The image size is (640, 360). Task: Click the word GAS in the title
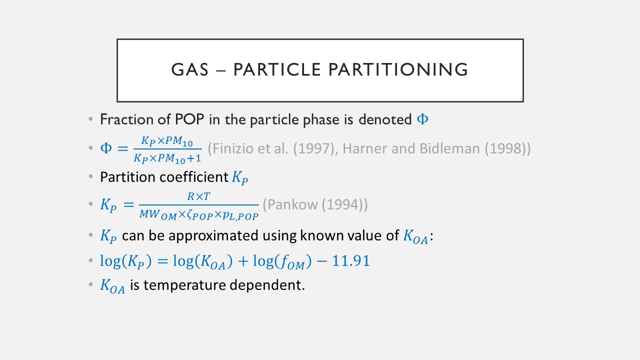click(x=189, y=69)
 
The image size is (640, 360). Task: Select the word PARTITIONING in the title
click(x=398, y=69)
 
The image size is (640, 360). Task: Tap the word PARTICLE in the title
click(x=277, y=69)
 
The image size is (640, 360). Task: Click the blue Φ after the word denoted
click(x=422, y=119)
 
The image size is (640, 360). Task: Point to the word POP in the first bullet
click(x=189, y=119)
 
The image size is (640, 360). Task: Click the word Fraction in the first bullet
click(x=127, y=119)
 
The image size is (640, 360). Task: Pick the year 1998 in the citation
click(x=505, y=148)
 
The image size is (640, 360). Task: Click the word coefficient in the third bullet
click(x=193, y=177)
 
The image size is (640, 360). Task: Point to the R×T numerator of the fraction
click(x=198, y=196)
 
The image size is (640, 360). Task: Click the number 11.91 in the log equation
click(x=350, y=260)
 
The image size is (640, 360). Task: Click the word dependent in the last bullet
click(x=267, y=285)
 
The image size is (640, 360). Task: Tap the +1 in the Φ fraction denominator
click(x=194, y=158)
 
